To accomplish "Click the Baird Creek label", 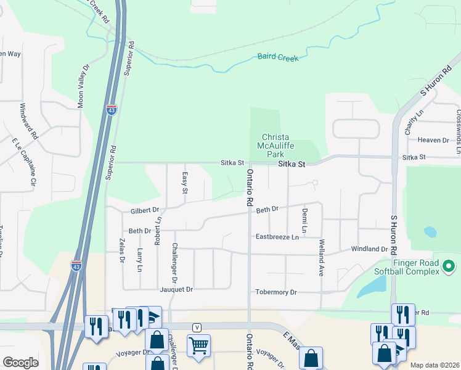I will pos(279,58).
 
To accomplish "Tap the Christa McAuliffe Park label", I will pos(275,146).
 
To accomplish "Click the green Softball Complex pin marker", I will pos(449,267).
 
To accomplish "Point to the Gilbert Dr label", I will pos(145,210).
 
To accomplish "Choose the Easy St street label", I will pos(184,182).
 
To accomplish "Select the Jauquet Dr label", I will pos(176,289).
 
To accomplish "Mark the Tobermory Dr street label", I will pos(276,292).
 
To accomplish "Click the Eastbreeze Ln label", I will pos(277,237).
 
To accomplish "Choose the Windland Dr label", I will pos(369,249).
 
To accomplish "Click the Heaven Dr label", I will pos(433,140).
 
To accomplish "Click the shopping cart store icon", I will pos(198,347).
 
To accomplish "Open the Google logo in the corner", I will pos(20,363).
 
